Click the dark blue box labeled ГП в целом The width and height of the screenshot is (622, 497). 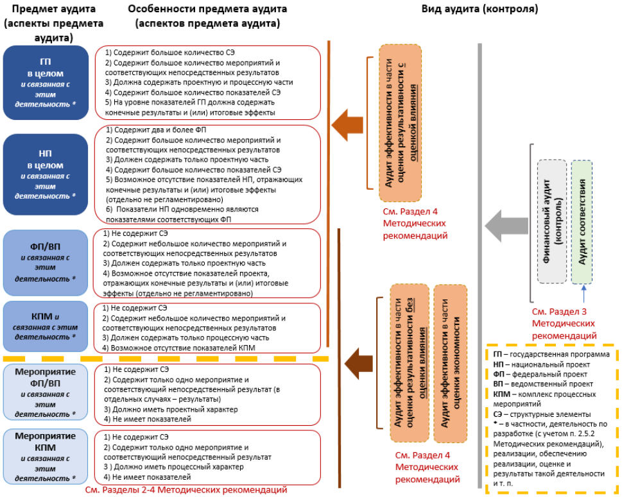44,81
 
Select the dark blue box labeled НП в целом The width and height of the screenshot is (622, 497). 44,173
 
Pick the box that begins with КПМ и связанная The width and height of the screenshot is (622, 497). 44,326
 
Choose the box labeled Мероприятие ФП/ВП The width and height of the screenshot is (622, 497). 44,392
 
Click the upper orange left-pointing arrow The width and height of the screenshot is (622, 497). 347,123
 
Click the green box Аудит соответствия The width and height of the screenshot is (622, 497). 582,221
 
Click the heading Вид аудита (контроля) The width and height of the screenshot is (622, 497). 479,10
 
